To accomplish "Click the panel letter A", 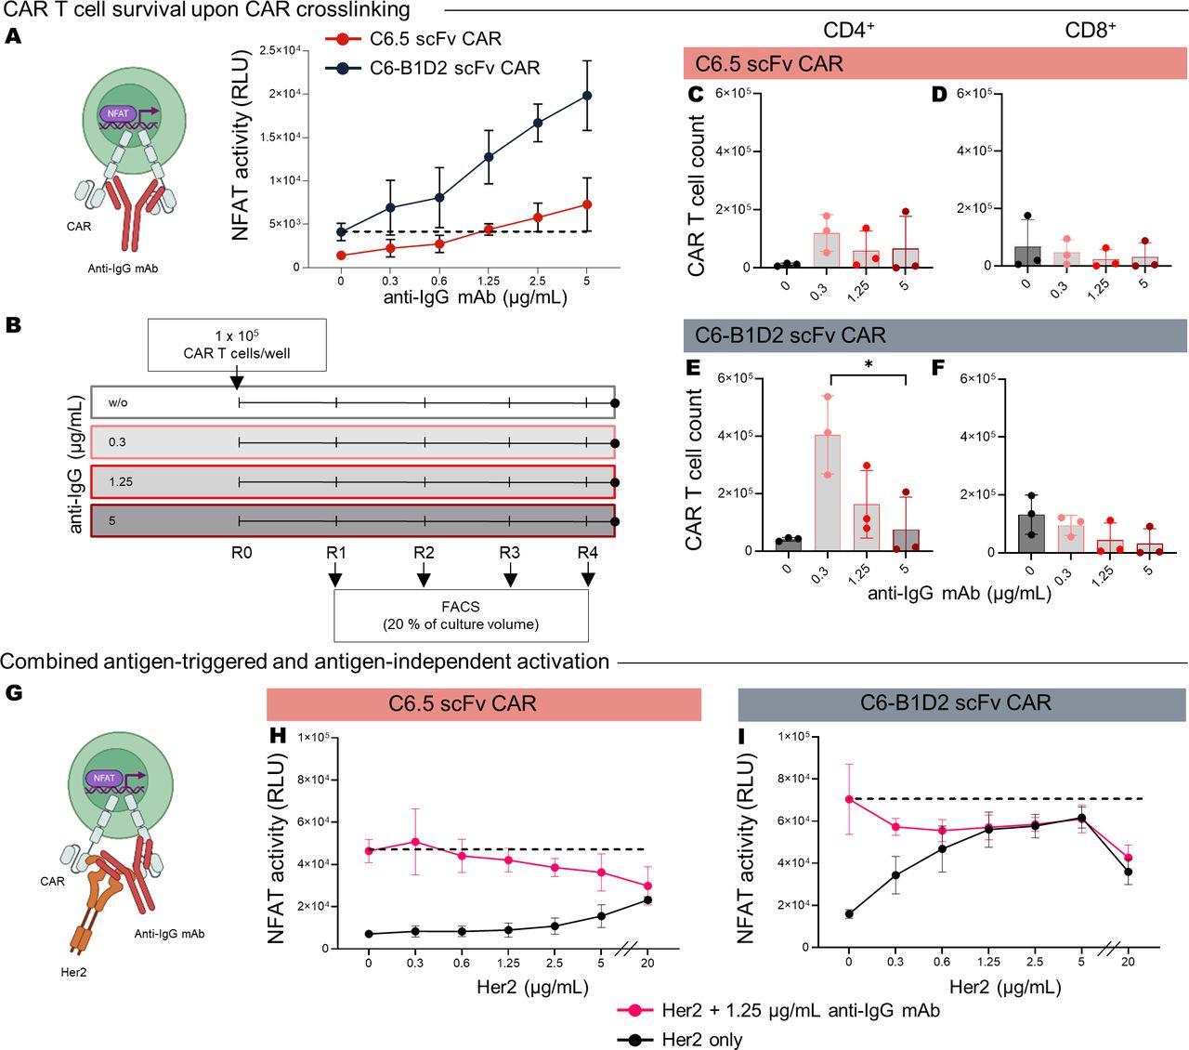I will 13,36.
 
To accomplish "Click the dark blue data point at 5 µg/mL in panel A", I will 587,96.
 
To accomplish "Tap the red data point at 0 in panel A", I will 341,255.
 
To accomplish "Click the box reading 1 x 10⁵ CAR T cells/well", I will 237,345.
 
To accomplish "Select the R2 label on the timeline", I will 424,552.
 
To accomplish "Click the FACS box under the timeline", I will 461,615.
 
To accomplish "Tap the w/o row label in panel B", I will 118,402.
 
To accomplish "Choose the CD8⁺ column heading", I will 1091,31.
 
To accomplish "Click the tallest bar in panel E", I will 828,492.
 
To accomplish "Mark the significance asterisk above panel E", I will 869,364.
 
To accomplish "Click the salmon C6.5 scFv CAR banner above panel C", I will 934,64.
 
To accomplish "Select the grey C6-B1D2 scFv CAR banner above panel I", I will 961,703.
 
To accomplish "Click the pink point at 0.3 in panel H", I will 415,842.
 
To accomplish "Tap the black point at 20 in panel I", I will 1128,872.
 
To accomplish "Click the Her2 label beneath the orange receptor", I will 73,972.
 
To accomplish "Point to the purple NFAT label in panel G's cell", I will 104,778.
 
